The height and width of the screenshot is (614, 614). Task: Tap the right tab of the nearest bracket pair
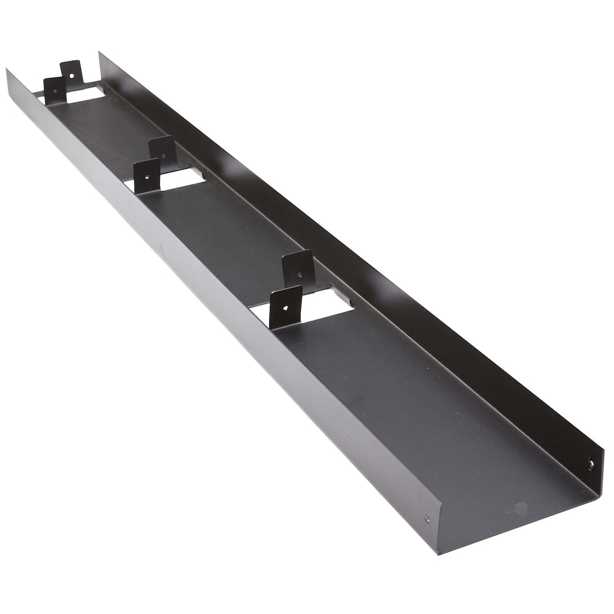click(298, 269)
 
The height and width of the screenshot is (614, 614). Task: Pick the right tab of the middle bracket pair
click(163, 149)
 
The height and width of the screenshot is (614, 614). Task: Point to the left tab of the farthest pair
click(54, 90)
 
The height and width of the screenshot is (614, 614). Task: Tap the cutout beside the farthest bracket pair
click(86, 93)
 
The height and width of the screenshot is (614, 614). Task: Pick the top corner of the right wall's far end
click(99, 53)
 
